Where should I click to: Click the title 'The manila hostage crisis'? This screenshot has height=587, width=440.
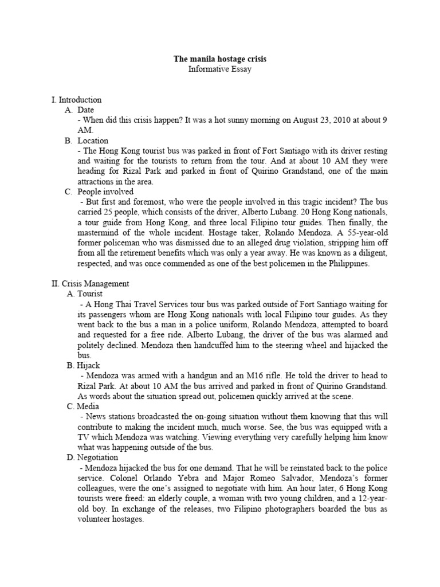point(220,59)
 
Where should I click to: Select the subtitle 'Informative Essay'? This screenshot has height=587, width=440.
point(220,69)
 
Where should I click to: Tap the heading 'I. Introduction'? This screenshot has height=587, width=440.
point(76,100)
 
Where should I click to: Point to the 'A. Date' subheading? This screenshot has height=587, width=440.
point(79,109)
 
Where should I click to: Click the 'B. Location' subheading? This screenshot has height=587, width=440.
point(86,140)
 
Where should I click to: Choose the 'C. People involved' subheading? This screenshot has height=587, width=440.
point(99,191)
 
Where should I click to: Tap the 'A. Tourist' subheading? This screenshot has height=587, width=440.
point(84,293)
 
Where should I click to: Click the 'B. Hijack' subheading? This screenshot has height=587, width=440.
point(82,365)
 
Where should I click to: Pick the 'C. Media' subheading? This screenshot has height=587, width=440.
point(82,406)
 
